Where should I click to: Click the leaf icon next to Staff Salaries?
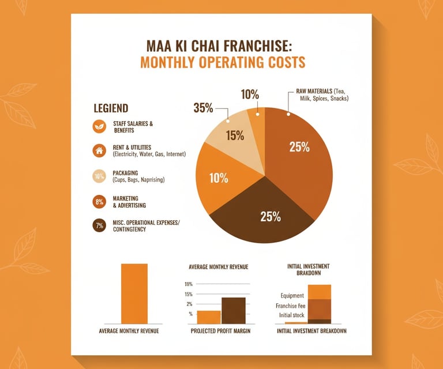[99, 127]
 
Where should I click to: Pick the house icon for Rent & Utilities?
[99, 152]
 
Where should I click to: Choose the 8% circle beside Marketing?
[99, 202]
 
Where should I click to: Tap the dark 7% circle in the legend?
[99, 226]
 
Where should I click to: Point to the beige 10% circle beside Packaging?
[99, 176]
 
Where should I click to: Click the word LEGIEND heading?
[111, 108]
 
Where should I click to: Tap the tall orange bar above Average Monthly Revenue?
[134, 293]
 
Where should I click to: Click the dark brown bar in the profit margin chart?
[234, 311]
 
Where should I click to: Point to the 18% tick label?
[189, 284]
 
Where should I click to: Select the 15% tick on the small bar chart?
[189, 294]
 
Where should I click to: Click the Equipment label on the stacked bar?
[292, 296]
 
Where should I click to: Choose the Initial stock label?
[291, 315]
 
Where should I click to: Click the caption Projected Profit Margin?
[221, 332]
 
